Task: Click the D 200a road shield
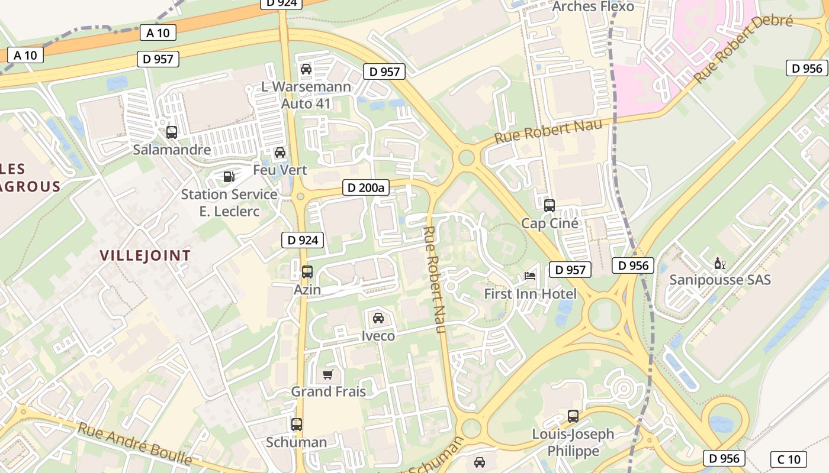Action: point(365,188)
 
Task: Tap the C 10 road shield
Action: point(788,459)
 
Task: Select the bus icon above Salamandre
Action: point(172,132)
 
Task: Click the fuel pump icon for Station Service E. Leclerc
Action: point(229,176)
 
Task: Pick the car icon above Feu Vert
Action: point(280,153)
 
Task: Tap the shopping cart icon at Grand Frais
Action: point(328,374)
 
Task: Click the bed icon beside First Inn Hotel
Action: point(530,276)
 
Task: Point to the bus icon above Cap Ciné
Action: point(550,206)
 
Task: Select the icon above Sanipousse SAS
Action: point(720,263)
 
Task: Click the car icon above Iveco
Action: point(378,318)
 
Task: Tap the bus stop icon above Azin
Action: point(307,272)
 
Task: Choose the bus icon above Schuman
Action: point(297,425)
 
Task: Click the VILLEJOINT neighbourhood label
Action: point(145,255)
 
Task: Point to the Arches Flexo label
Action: point(593,7)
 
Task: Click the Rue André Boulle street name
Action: point(135,443)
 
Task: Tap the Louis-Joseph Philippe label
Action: point(573,442)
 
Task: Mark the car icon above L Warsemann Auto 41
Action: point(306,69)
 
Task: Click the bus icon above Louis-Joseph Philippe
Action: point(573,416)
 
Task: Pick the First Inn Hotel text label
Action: point(530,294)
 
